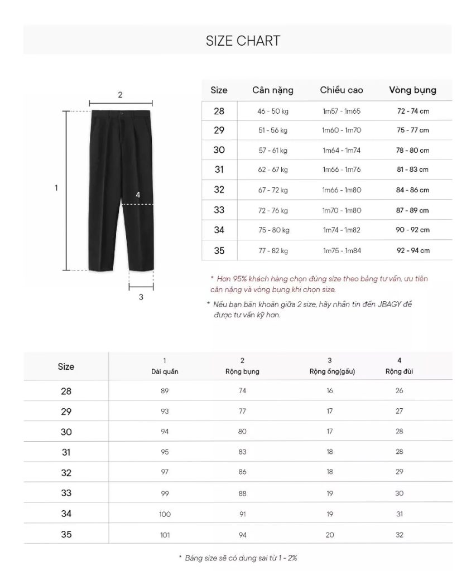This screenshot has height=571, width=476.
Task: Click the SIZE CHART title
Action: [243, 41]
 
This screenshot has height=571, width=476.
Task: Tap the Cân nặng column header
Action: [272, 90]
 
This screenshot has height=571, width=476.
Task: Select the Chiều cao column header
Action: [342, 90]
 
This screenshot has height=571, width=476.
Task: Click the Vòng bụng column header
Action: [412, 90]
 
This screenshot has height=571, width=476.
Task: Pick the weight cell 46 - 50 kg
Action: [273, 111]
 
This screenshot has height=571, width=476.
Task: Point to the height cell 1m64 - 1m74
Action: [342, 150]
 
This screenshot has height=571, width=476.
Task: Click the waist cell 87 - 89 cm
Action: [413, 210]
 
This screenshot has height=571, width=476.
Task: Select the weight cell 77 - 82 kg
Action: [273, 250]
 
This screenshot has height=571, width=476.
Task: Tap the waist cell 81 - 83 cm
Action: [413, 170]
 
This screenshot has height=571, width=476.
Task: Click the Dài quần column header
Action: [165, 371]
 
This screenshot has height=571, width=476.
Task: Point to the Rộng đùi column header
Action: [399, 371]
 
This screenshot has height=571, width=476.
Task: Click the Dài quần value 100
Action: [165, 514]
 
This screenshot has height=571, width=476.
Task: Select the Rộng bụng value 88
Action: [242, 493]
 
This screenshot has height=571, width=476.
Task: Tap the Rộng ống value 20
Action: [330, 535]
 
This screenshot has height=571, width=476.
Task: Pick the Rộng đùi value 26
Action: [399, 391]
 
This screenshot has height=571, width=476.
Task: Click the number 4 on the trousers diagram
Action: [138, 195]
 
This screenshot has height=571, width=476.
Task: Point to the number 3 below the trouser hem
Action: [141, 297]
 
